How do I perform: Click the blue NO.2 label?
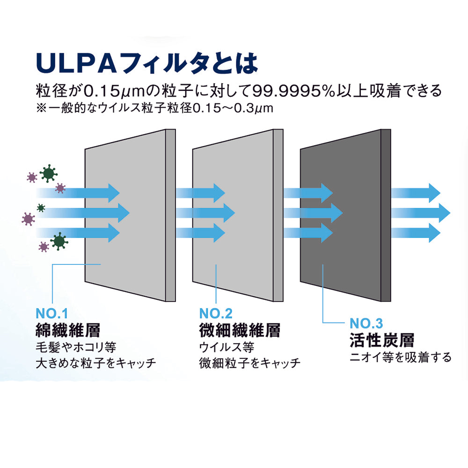[216, 313]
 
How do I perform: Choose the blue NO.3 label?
[366, 323]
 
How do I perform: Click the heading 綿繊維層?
[68, 331]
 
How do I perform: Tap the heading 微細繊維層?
[239, 331]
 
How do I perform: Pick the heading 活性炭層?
[381, 340]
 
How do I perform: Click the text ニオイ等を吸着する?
[401, 358]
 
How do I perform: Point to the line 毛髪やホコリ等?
[75, 348]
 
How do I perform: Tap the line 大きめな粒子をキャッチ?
[95, 364]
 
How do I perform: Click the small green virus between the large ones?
[41, 207]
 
